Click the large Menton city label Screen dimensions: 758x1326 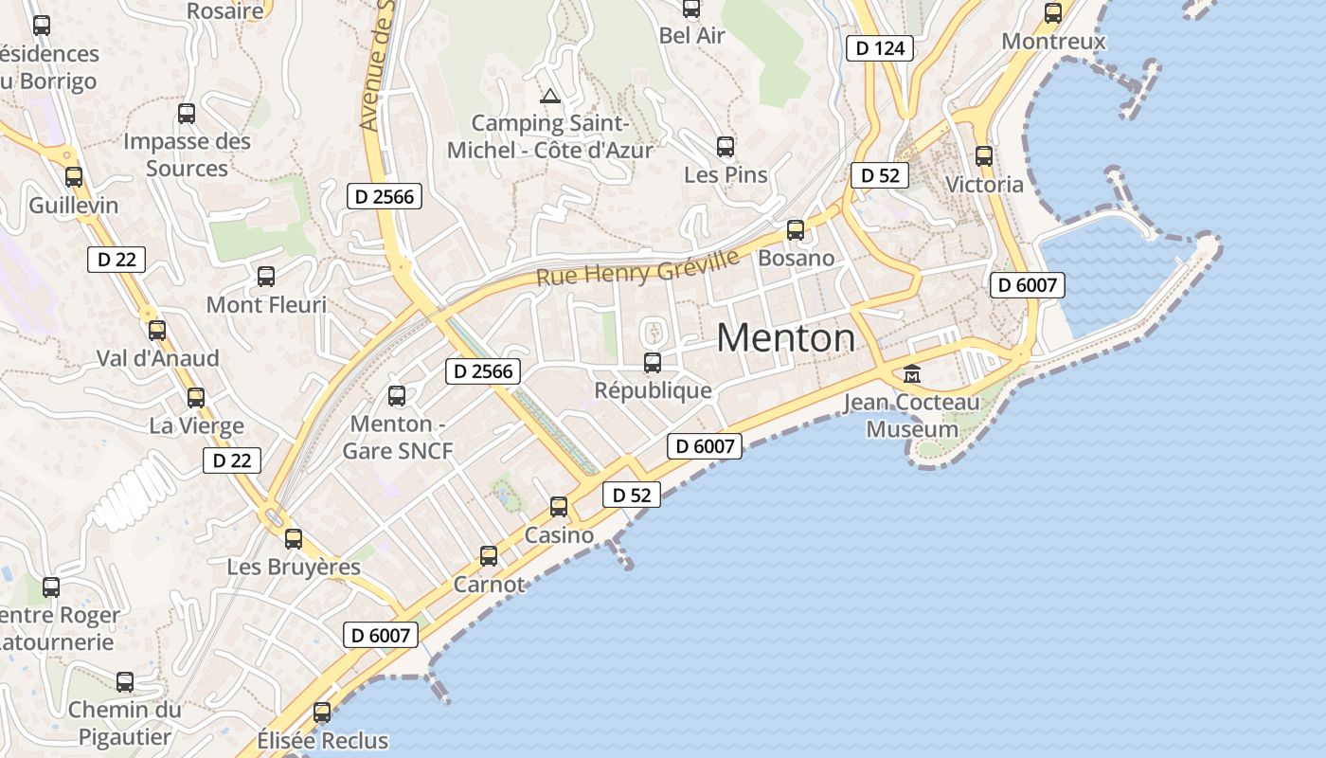785,338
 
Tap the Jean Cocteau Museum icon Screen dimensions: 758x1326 912,374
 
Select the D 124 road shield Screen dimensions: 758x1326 879,48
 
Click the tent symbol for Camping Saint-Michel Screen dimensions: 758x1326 549,96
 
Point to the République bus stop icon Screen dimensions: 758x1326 652,362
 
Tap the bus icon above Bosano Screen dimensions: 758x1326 796,230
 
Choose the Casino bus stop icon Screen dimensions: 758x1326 559,507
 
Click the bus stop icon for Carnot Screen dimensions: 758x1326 489,556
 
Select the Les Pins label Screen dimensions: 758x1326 726,175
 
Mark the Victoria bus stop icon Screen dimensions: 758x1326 984,156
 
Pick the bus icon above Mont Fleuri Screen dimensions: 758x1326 266,277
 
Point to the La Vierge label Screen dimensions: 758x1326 196,426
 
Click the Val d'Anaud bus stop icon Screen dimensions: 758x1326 157,331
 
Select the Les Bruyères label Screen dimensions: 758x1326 294,568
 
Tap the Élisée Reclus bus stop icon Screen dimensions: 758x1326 322,713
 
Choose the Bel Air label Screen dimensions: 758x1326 691,36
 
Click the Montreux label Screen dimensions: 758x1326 1053,42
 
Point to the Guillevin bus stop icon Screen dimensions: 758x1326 74,176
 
